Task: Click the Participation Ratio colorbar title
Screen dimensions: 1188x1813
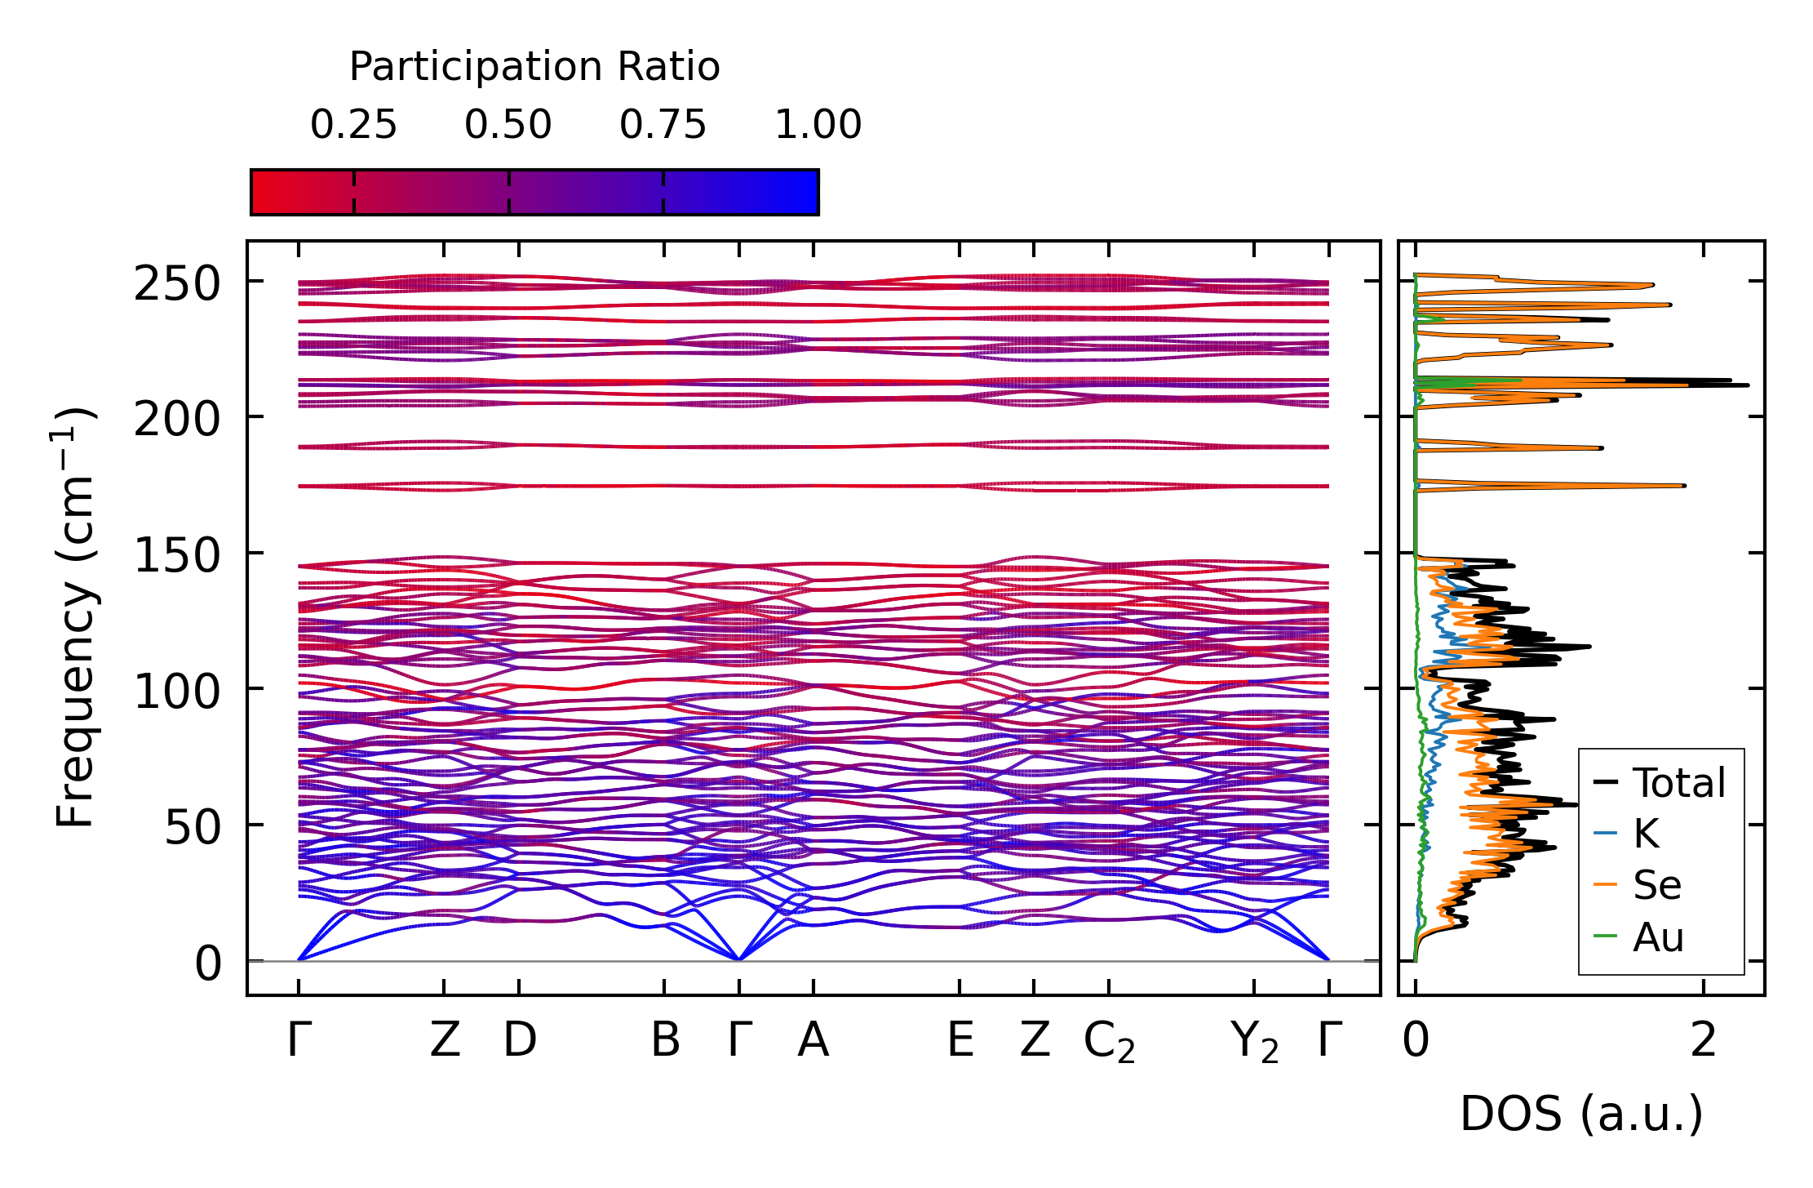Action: click(x=534, y=67)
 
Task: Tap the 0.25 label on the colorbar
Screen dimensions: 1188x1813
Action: click(x=353, y=126)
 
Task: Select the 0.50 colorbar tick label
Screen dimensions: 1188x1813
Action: click(x=508, y=126)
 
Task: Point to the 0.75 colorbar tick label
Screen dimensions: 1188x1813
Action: click(x=663, y=126)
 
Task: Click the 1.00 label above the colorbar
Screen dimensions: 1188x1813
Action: click(x=818, y=126)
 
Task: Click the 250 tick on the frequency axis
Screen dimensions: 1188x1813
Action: click(x=177, y=285)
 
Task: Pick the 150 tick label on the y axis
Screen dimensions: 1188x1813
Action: click(x=177, y=557)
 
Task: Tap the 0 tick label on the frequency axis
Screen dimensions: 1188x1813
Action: click(x=207, y=964)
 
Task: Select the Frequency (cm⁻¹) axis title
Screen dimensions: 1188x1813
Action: click(x=75, y=617)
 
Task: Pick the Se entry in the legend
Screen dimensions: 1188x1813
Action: click(x=1657, y=886)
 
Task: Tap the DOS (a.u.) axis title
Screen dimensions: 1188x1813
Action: click(x=1581, y=1115)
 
